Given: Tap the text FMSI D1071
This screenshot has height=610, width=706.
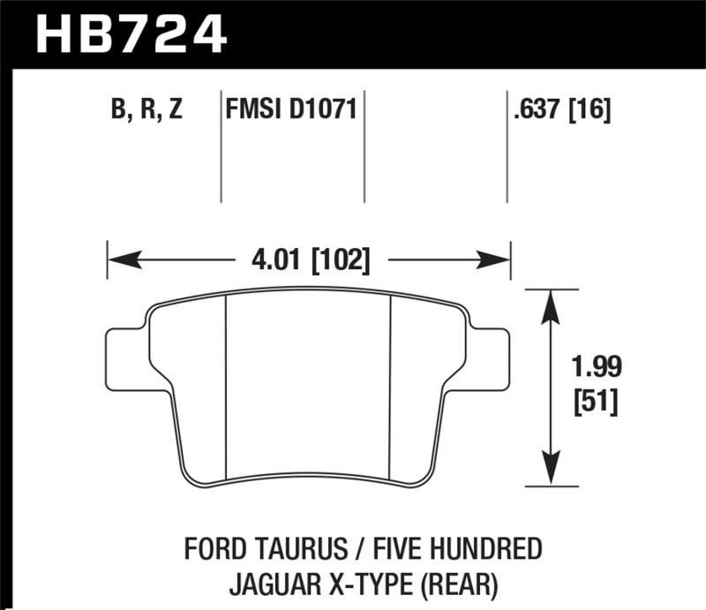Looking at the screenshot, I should [x=291, y=111].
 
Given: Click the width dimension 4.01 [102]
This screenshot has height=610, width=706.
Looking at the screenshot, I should [x=309, y=260].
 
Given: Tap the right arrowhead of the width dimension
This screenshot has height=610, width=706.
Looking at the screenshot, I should [x=497, y=260].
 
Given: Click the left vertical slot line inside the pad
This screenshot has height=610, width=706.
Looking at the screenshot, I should [x=227, y=388].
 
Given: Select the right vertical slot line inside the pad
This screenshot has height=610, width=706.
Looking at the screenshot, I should [x=391, y=388].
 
